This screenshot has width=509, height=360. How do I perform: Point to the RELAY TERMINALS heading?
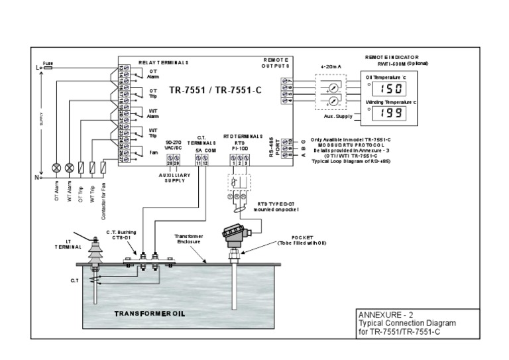coord(164,63)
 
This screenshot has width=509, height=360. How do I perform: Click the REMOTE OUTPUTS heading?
coord(276,63)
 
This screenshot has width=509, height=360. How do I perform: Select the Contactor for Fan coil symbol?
coord(103,167)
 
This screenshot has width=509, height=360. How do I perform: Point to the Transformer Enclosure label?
coord(192,239)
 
